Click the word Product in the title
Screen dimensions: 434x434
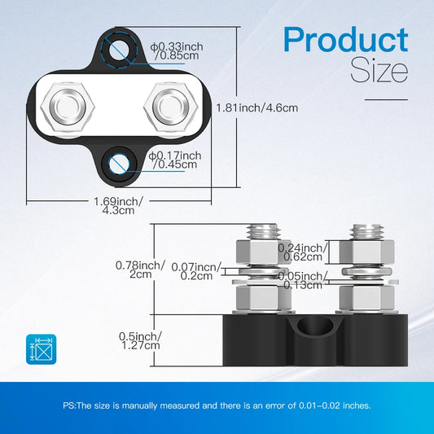pos(345,41)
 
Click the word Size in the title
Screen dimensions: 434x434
pos(379,71)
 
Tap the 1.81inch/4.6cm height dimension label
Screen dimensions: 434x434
pos(257,107)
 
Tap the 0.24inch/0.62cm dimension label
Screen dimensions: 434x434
pos(300,252)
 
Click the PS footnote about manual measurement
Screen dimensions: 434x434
pos(217,405)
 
